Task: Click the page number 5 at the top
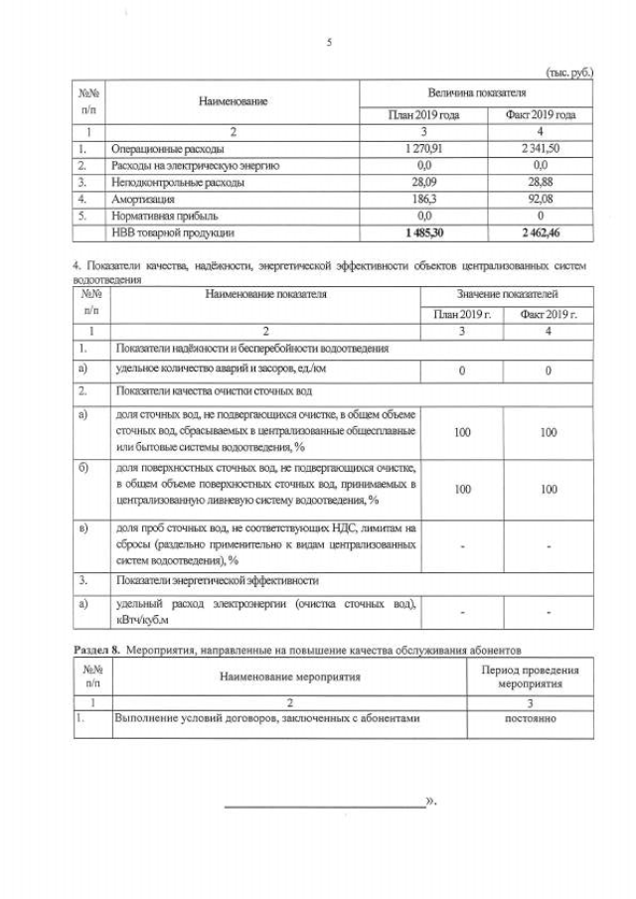pos(328,42)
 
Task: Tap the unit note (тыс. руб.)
pos(569,72)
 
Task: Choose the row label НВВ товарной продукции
pos(174,232)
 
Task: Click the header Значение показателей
pos(507,295)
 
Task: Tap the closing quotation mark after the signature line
pos(430,800)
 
